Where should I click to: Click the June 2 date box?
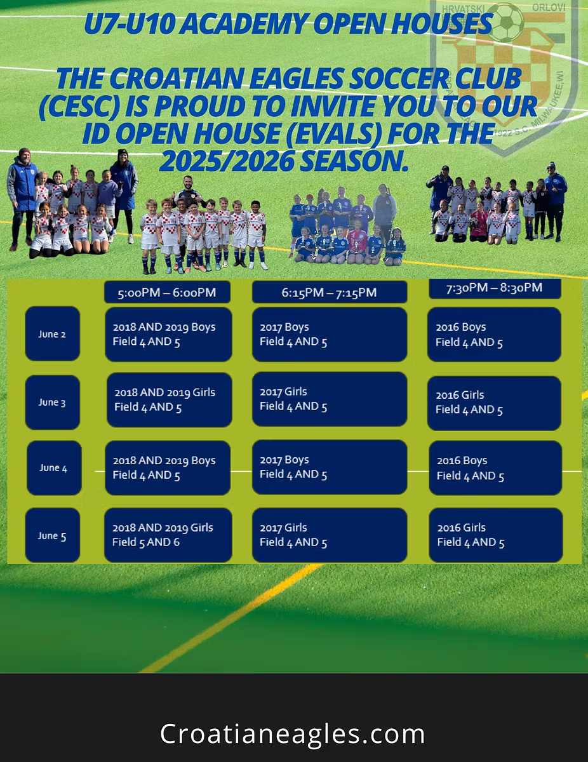coord(53,333)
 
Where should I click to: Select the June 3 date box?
coord(53,402)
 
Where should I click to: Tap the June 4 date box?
coord(54,467)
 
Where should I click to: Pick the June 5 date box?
coord(53,535)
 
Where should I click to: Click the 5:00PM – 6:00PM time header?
coord(167,291)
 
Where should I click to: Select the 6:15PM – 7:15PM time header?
coord(329,291)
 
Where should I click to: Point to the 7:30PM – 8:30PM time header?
coord(495,288)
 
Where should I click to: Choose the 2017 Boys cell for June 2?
coord(329,334)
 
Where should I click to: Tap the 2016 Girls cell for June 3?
coord(494,403)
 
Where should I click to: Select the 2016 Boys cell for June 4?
coord(495,468)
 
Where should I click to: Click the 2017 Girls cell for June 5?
coord(329,535)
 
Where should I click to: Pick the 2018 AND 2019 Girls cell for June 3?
coord(170,400)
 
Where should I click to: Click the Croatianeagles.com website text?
coord(293,733)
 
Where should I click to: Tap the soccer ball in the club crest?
coord(505,22)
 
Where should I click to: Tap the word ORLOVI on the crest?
coord(549,8)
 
